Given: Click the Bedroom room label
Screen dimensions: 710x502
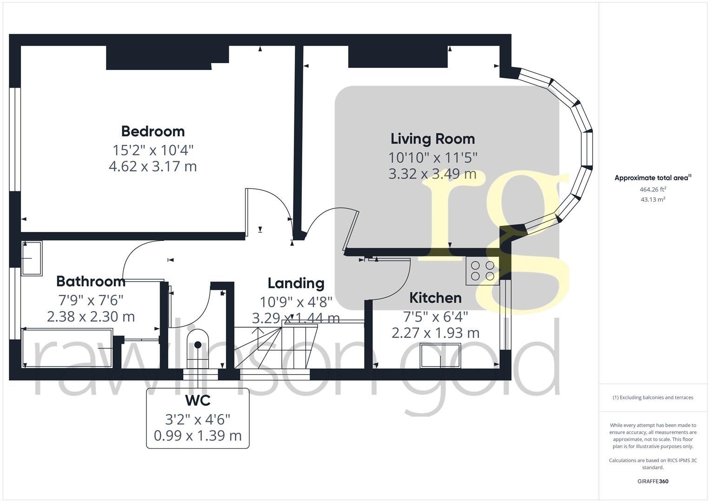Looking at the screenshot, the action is [153, 132].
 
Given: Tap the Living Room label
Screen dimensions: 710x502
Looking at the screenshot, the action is [433, 139].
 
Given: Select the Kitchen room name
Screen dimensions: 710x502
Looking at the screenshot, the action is [435, 298].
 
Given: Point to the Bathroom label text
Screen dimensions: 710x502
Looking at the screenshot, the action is [91, 281].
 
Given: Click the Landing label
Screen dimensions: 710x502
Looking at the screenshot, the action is [296, 284].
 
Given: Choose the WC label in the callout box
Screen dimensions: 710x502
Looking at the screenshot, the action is [198, 401].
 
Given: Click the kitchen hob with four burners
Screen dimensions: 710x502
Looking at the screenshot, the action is [483, 271].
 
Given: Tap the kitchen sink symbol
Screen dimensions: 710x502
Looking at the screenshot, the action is [441, 356].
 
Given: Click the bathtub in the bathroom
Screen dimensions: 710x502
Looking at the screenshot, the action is [67, 348].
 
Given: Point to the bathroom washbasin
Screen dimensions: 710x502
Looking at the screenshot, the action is [32, 258].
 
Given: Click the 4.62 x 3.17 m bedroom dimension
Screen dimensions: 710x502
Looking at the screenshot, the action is [153, 166].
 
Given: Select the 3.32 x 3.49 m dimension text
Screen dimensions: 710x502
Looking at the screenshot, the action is [433, 174].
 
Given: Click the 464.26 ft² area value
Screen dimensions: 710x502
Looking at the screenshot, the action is [653, 190].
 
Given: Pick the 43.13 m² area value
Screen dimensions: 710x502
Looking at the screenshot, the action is [653, 200].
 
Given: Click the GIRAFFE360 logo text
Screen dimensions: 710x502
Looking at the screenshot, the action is [653, 482].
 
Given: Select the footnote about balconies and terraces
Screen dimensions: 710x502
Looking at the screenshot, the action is [653, 397].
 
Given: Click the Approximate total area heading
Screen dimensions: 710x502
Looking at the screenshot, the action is [653, 178].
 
